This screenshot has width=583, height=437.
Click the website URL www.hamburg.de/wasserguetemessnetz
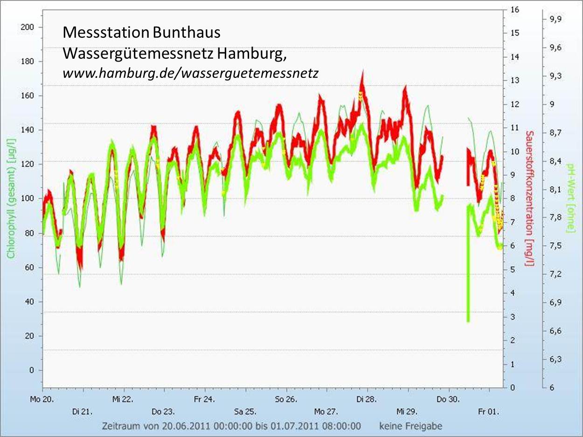click(191, 73)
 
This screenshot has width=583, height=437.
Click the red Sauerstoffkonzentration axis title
click(529, 198)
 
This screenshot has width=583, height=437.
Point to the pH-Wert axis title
click(569, 198)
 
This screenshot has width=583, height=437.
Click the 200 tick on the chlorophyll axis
click(28, 27)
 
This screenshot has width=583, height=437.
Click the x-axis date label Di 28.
click(367, 399)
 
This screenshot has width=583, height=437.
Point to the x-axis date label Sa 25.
click(245, 412)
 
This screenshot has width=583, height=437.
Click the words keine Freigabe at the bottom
click(410, 426)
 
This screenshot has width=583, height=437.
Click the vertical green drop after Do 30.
click(468, 280)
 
